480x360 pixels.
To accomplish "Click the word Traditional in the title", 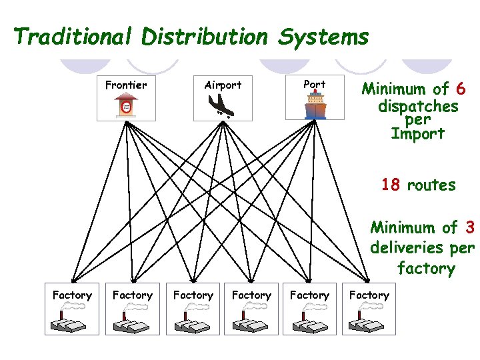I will [x=74, y=37].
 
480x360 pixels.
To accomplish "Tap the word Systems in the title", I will [x=323, y=37].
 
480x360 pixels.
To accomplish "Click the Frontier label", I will [x=126, y=85].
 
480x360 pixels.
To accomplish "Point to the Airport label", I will [x=223, y=85].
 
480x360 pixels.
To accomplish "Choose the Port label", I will [x=315, y=84].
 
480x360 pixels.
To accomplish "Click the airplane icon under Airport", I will [x=222, y=105].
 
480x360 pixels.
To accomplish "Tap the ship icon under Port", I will [x=315, y=105].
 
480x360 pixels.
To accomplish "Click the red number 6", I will [x=461, y=89].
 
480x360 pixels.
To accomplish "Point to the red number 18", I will [x=391, y=185].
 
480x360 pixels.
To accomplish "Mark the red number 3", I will [x=470, y=228].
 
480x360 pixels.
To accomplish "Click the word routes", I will [x=431, y=185].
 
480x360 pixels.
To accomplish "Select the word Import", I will [x=417, y=133].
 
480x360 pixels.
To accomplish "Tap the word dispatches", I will [x=418, y=107].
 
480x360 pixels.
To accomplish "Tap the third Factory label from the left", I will [x=193, y=295].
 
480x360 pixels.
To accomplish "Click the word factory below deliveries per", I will [x=425, y=269].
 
